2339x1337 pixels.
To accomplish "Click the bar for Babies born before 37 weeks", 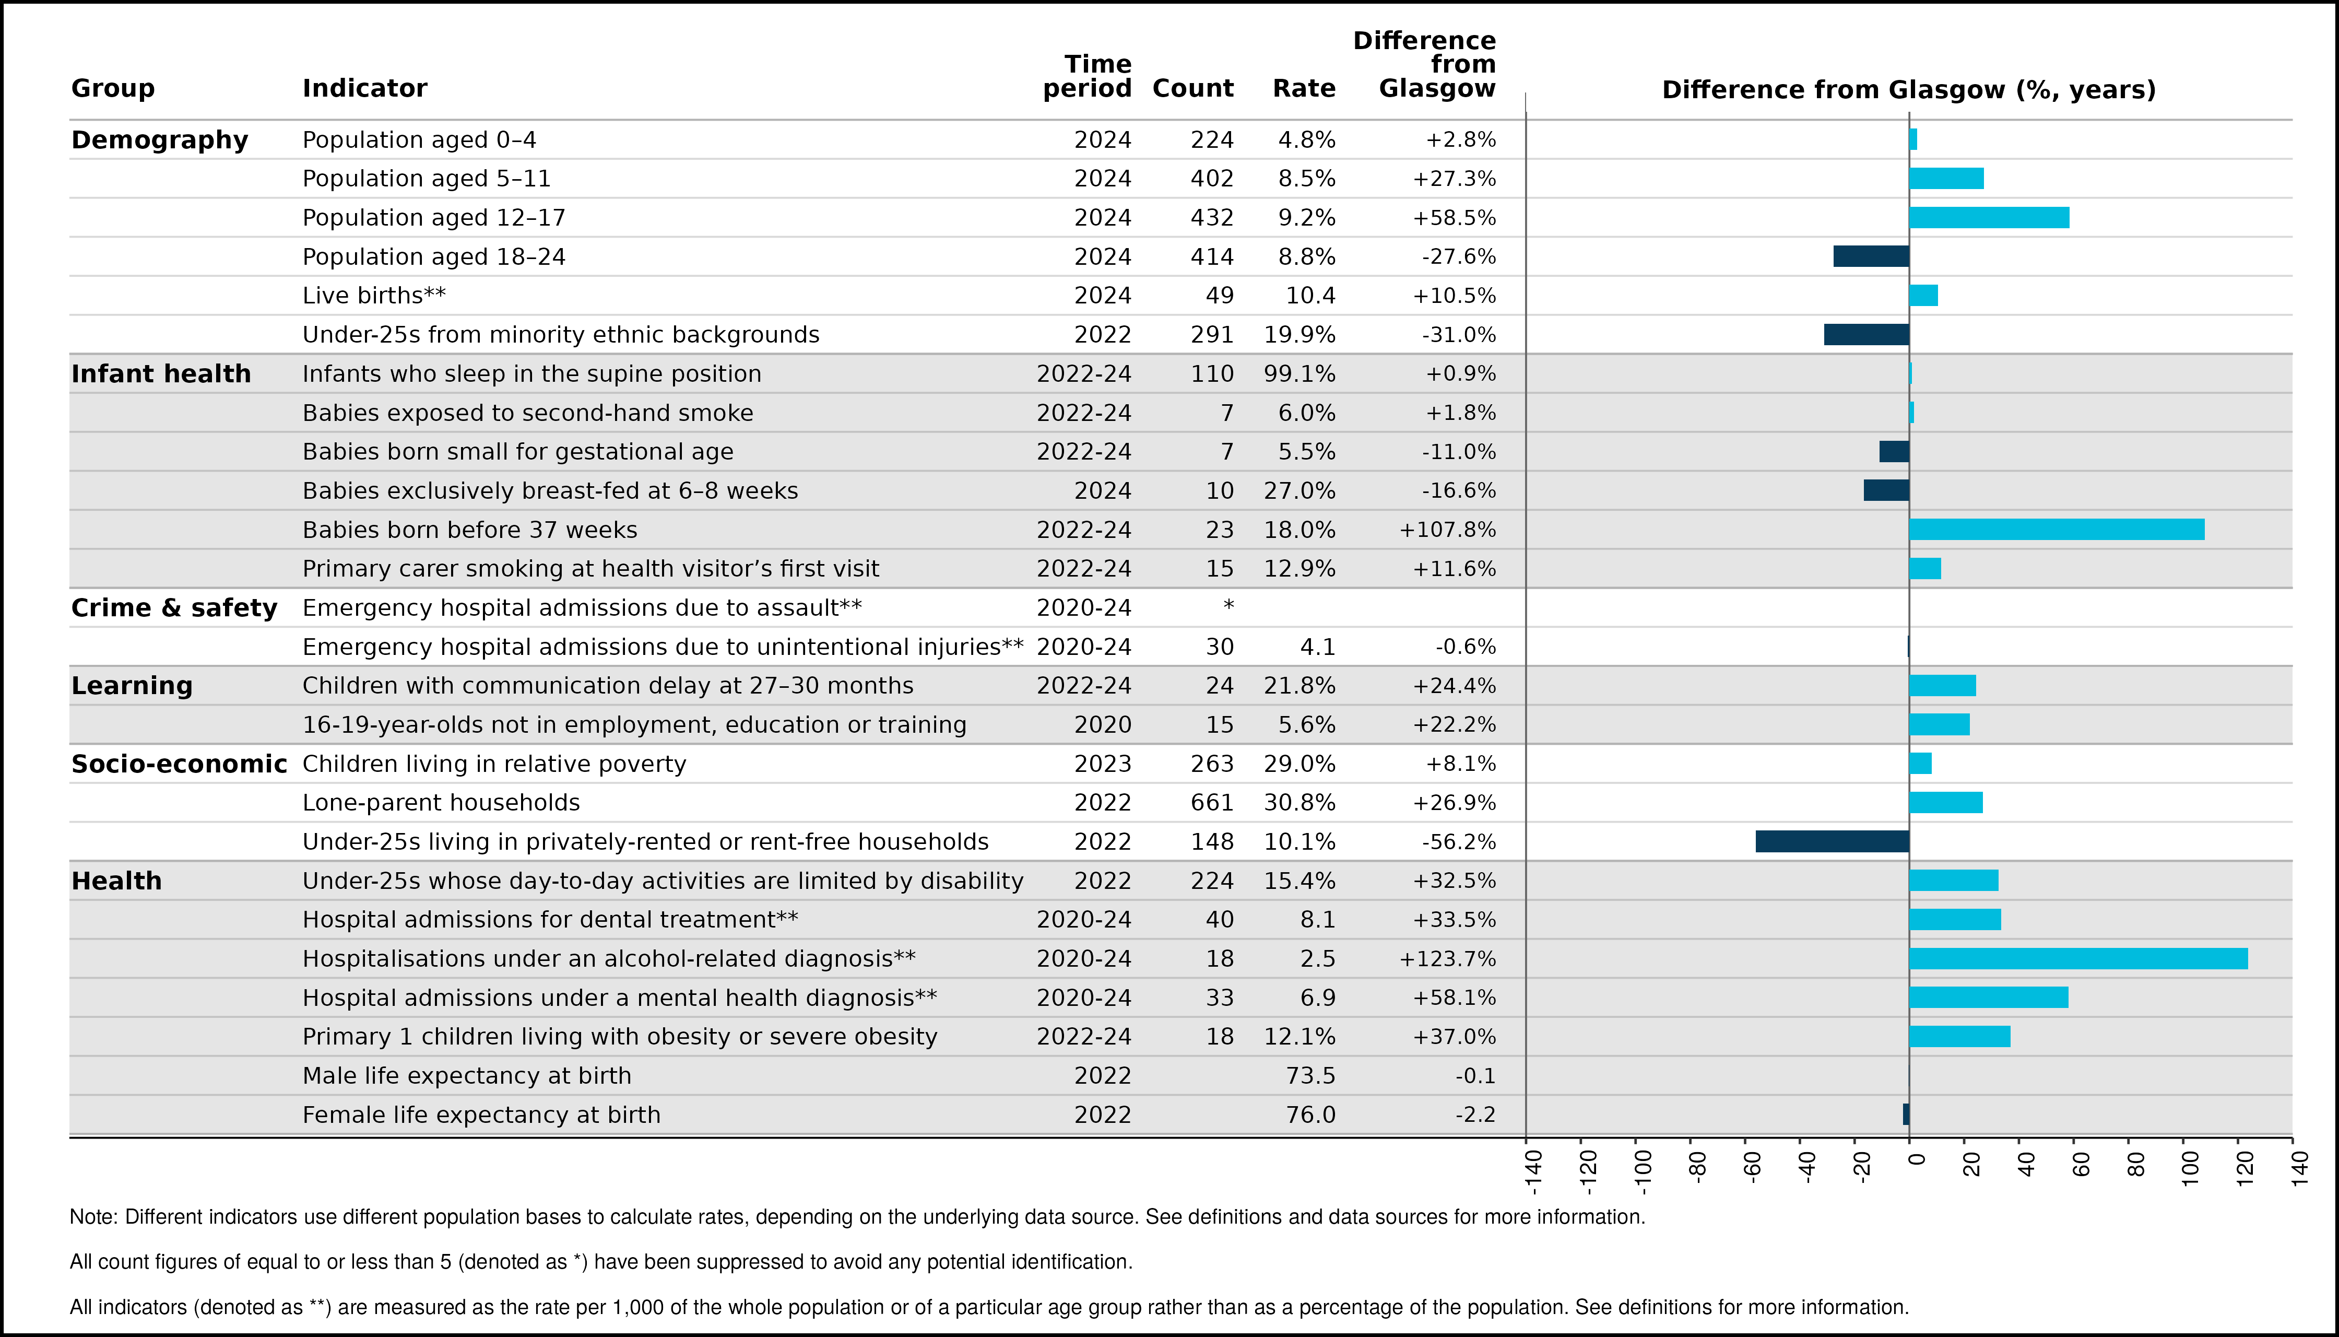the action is click(2056, 530).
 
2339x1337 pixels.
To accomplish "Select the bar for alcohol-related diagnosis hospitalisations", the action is click(2078, 959).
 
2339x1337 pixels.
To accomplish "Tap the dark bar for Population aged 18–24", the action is click(1871, 256).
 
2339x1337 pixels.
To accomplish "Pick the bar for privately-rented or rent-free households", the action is click(1832, 841).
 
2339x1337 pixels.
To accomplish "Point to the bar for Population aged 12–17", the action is click(1989, 218).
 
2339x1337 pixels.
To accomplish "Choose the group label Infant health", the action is click(161, 374).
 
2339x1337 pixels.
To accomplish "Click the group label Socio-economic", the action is click(179, 764).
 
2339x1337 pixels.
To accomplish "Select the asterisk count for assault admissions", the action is click(1228, 606).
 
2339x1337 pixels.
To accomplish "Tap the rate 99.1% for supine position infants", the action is click(1300, 374).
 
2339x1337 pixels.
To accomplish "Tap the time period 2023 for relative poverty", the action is click(1103, 764).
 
